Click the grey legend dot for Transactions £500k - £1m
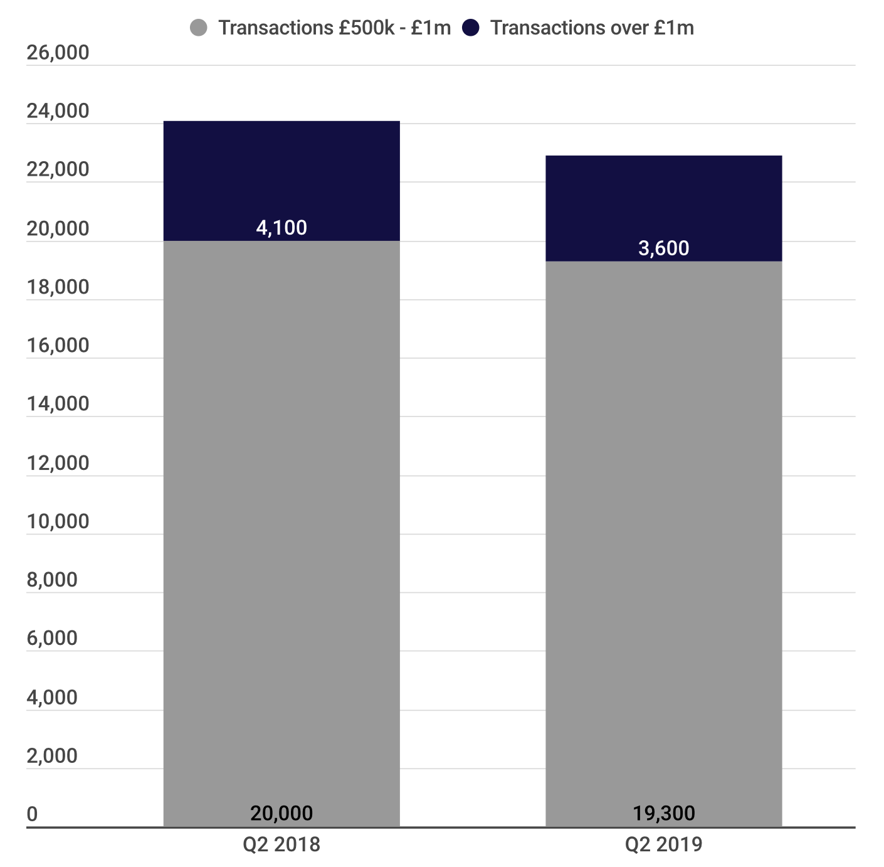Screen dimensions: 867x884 point(198,28)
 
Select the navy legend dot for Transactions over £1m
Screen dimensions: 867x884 point(470,28)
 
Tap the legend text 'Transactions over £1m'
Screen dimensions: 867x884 point(592,28)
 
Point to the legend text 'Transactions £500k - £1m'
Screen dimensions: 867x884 point(334,28)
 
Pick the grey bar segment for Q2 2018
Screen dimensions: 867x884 point(282,533)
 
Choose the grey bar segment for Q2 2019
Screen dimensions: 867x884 point(663,540)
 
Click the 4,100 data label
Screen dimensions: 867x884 point(282,228)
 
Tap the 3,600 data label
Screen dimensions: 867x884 point(663,248)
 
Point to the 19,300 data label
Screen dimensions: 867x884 point(663,814)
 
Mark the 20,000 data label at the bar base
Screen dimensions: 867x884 point(282,814)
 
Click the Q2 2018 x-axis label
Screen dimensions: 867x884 point(282,845)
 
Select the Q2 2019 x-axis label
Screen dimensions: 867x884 point(663,845)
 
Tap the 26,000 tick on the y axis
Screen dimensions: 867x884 point(58,53)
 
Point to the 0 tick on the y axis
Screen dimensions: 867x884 point(32,814)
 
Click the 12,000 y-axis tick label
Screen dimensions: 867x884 point(58,463)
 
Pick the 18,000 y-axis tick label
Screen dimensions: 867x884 point(58,287)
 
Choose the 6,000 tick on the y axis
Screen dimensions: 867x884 point(52,639)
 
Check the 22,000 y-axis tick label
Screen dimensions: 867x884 point(58,169)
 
